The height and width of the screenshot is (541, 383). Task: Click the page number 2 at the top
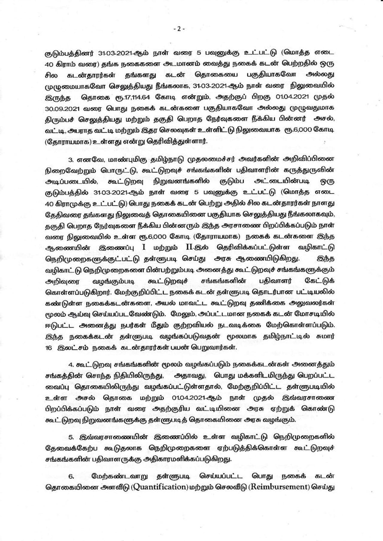click(x=179, y=29)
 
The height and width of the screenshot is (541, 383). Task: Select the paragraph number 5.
click(x=71, y=437)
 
